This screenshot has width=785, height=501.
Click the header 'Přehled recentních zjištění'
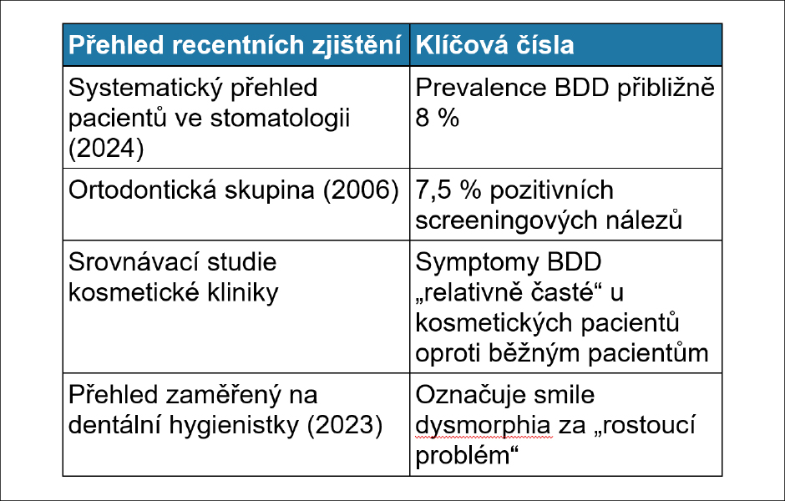[235, 45]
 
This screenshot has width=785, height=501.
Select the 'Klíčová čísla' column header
[494, 45]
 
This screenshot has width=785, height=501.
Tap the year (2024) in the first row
[106, 149]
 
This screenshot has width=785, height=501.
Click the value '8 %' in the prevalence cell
[437, 118]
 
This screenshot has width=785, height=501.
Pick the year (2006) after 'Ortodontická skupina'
[361, 190]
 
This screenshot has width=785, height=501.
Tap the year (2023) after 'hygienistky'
[345, 425]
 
